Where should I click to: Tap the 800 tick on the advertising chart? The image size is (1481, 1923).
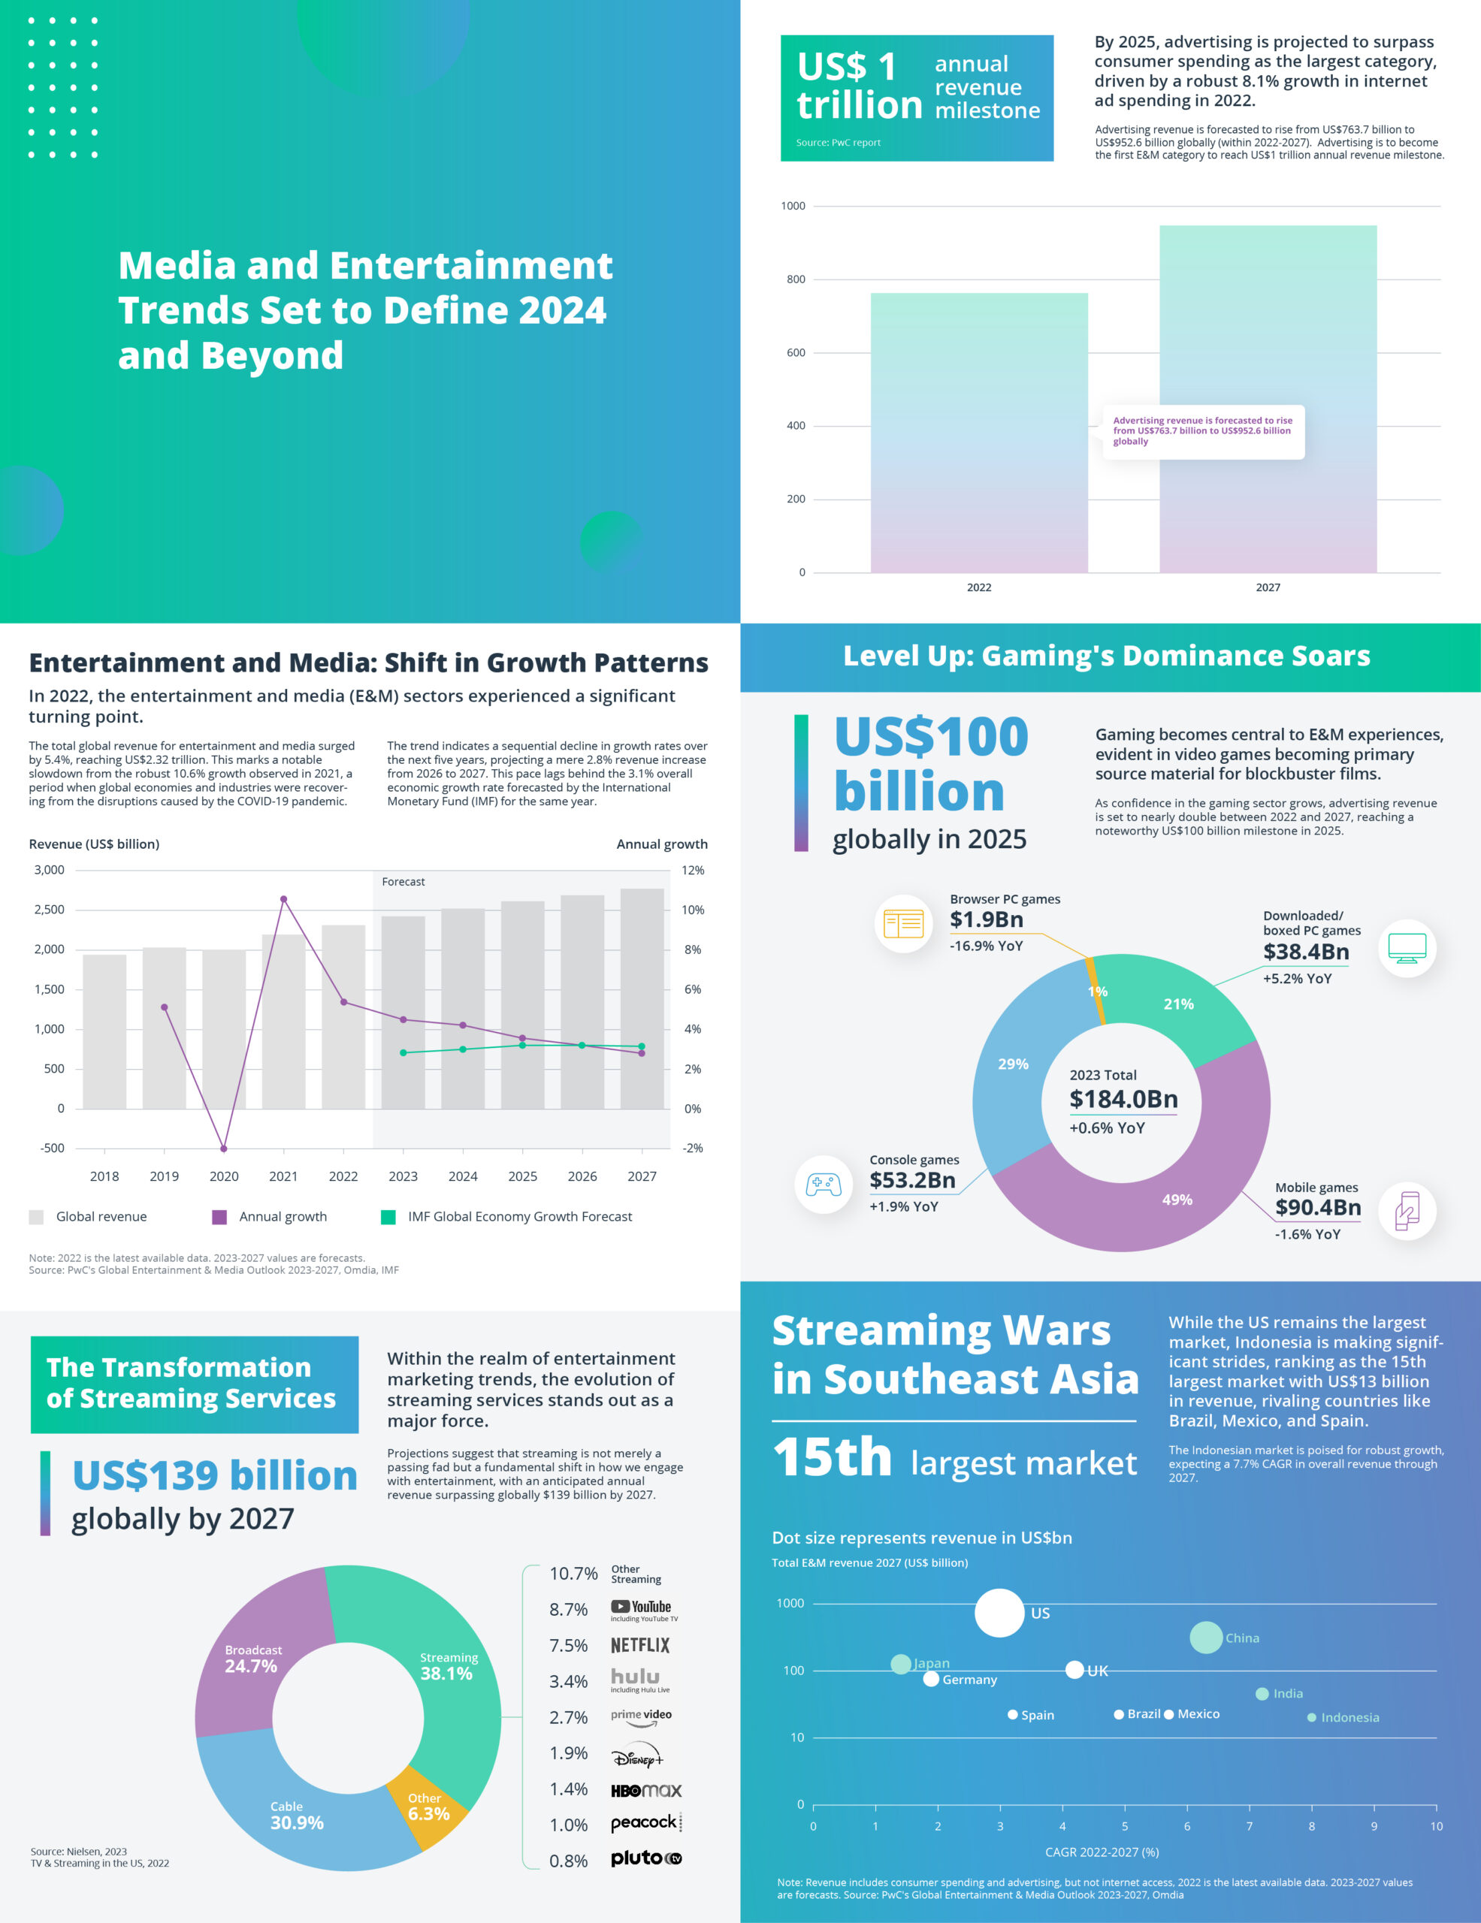pyautogui.click(x=795, y=280)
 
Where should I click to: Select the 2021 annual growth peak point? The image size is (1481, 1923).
pyautogui.click(x=283, y=899)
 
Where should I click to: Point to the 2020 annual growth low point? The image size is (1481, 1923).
pyautogui.click(x=224, y=1148)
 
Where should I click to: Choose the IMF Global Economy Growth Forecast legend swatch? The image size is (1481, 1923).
pyautogui.click(x=388, y=1217)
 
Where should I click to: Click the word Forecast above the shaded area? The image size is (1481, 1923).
pyautogui.click(x=403, y=881)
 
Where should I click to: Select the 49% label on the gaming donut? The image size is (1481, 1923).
pyautogui.click(x=1177, y=1199)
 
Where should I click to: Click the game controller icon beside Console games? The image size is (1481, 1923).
pyautogui.click(x=824, y=1185)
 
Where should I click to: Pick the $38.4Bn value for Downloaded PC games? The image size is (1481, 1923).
pyautogui.click(x=1306, y=952)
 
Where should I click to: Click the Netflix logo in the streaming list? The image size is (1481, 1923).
pyautogui.click(x=640, y=1646)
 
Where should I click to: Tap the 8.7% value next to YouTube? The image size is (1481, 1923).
pyautogui.click(x=568, y=1610)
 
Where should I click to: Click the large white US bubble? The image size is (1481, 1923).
pyautogui.click(x=999, y=1613)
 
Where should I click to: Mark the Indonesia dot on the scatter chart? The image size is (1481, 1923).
pyautogui.click(x=1312, y=1718)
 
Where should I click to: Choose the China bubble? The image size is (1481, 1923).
pyautogui.click(x=1205, y=1638)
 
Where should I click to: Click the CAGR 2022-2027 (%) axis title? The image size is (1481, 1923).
pyautogui.click(x=1102, y=1852)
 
